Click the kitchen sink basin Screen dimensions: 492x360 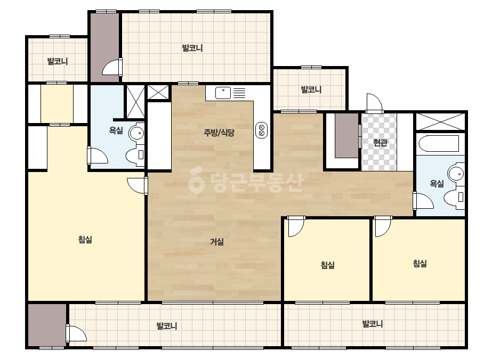click(x=223, y=93)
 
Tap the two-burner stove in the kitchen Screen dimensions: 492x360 click(x=261, y=130)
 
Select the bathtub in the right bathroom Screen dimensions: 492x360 click(x=439, y=144)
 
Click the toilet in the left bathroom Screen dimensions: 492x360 click(x=135, y=155)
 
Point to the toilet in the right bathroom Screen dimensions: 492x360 click(x=454, y=198)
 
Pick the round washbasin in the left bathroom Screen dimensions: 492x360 click(x=136, y=133)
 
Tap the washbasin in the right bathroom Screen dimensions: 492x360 click(x=456, y=173)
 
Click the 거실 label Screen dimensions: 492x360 click(x=217, y=242)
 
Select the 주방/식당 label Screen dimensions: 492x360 click(x=219, y=133)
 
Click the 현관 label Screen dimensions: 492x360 click(x=380, y=143)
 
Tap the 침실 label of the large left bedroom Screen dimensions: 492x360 click(x=85, y=240)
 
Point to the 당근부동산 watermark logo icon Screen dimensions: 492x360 click(x=196, y=181)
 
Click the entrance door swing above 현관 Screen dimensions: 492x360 click(x=374, y=103)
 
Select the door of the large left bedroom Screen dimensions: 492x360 click(x=138, y=186)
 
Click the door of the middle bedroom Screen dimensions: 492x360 click(x=296, y=226)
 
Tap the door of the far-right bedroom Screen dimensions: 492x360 click(x=383, y=226)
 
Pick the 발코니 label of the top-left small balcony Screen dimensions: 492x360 click(x=58, y=61)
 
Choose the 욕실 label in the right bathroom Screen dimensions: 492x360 click(x=437, y=184)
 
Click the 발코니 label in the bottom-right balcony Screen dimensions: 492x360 click(x=373, y=324)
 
